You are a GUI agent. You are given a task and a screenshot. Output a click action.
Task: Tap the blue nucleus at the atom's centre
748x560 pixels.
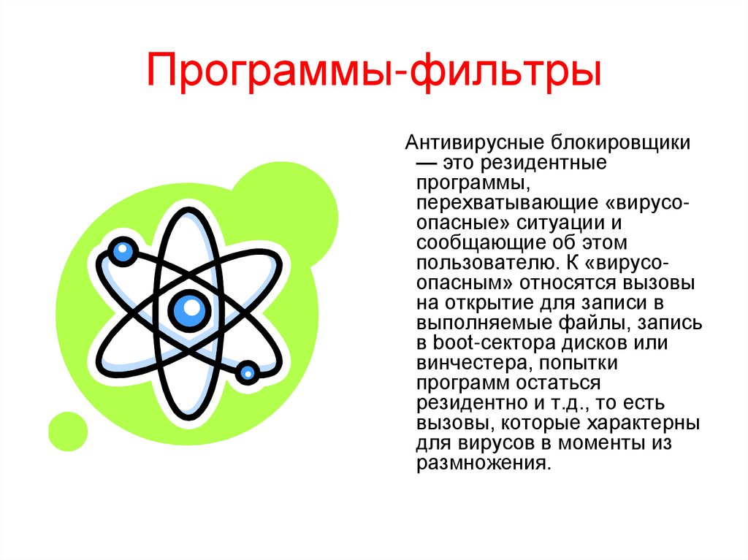click(x=191, y=308)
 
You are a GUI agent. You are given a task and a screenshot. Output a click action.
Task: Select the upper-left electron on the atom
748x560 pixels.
click(x=123, y=252)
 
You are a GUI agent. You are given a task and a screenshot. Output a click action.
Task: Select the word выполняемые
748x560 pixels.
click(x=476, y=322)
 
